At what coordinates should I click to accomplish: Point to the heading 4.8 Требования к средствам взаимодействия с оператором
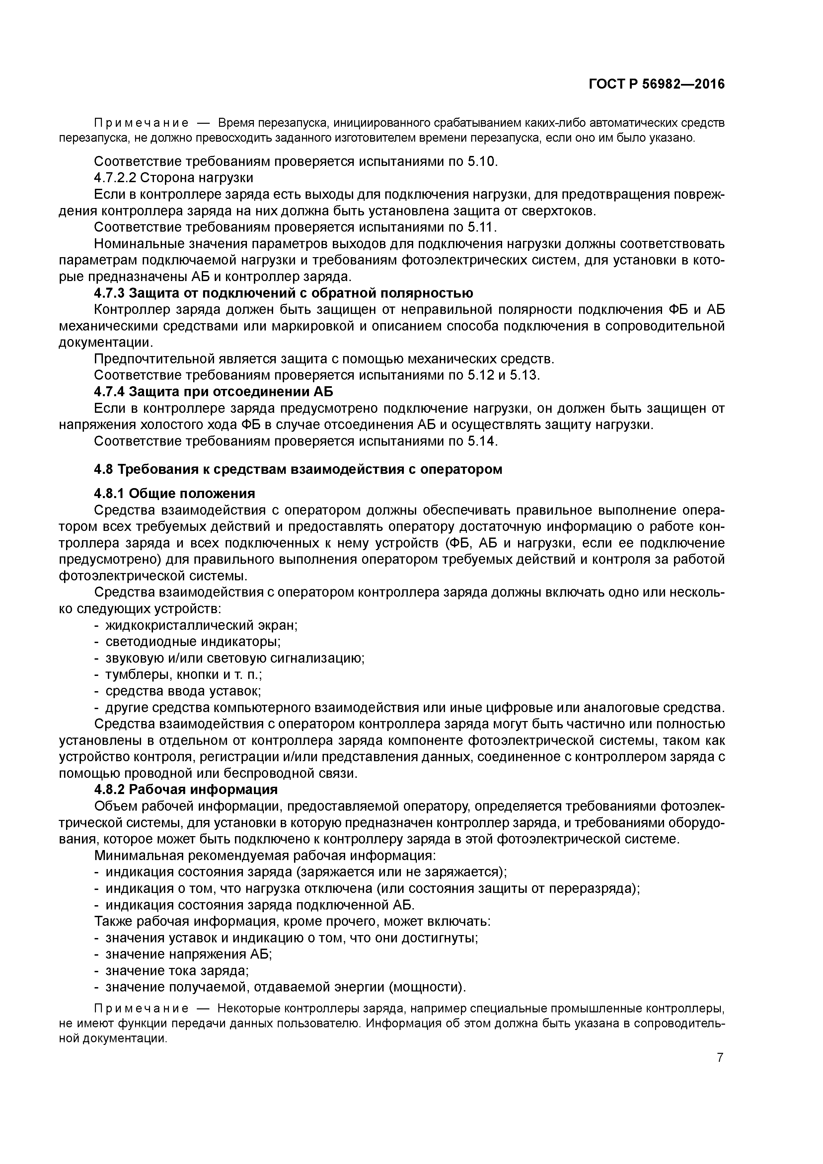[x=298, y=469]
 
